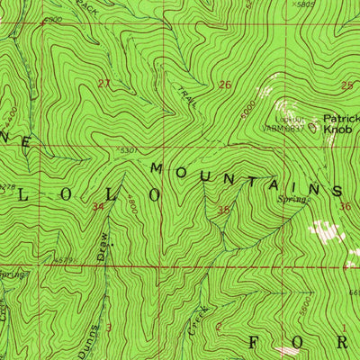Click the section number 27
pyautogui.click(x=103, y=84)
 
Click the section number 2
pyautogui.click(x=219, y=326)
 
